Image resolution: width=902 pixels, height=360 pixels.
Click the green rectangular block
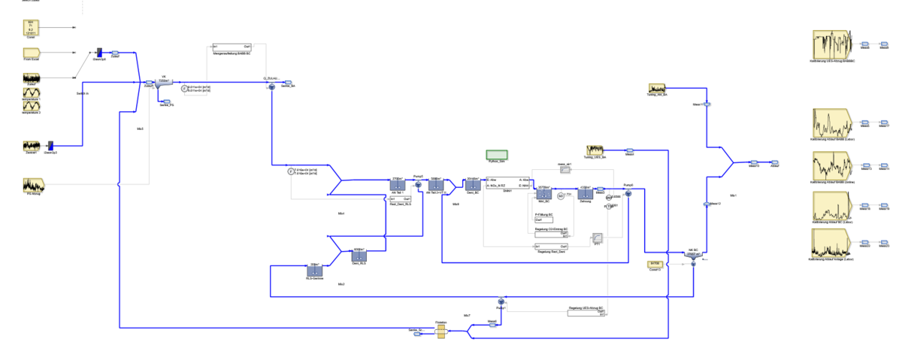pos(497,155)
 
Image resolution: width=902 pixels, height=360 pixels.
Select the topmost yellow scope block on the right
pos(831,45)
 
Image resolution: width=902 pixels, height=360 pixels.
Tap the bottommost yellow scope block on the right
pos(830,243)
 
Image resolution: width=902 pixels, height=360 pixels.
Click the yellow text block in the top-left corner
pos(31,28)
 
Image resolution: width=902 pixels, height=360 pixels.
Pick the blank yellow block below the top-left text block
pos(32,53)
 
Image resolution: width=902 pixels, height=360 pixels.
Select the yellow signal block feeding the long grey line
pos(34,184)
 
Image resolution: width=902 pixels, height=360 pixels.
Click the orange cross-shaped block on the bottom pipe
pos(441,331)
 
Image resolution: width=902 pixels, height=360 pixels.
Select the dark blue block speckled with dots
pos(543,194)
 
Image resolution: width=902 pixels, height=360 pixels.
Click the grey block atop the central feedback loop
pos(566,170)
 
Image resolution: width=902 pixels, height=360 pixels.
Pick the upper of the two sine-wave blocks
pos(32,92)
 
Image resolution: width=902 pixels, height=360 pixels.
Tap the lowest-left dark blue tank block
pos(315,271)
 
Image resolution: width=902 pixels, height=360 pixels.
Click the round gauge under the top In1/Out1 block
pos(184,89)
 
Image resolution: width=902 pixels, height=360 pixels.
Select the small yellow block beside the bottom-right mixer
pos(655,264)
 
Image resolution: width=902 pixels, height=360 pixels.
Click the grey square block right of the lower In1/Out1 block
pos(598,238)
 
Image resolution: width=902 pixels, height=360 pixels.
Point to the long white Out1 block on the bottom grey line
pos(586,313)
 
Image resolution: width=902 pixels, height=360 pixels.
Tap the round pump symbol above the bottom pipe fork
pos(501,301)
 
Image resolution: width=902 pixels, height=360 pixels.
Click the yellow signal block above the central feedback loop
pos(595,151)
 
